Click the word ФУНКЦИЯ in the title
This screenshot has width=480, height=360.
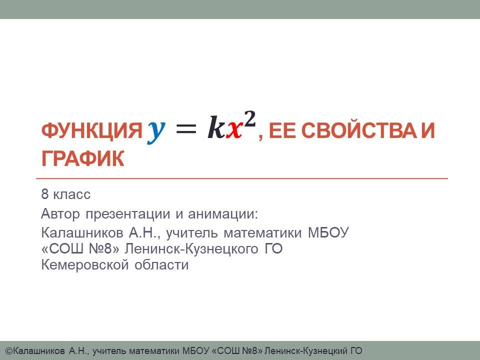pos(91,130)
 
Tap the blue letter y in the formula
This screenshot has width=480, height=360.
pos(156,131)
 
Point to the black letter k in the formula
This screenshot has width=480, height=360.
pos(216,127)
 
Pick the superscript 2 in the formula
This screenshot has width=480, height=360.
pos(250,119)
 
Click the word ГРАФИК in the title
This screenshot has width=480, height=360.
pos(82,158)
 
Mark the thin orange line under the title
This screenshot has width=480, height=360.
pos(242,178)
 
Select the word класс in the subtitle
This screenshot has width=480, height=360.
pos(72,194)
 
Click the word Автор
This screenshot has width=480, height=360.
pos(60,213)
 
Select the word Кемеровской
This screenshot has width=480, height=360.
pos(85,265)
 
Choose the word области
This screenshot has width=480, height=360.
pos(161,265)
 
